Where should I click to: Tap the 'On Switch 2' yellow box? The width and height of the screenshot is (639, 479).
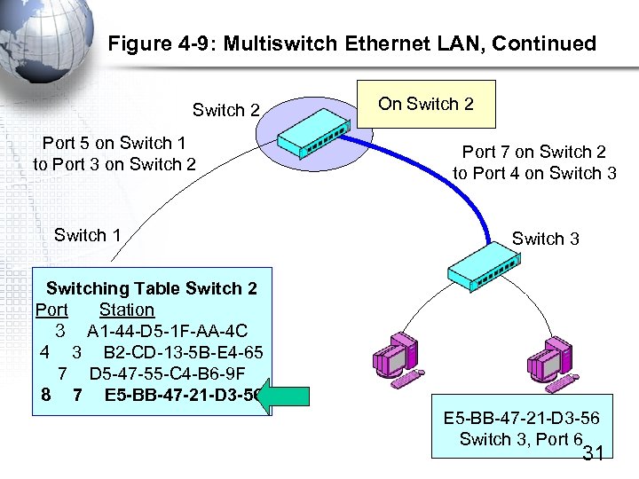[x=426, y=105]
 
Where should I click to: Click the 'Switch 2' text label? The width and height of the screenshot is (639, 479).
[x=225, y=111]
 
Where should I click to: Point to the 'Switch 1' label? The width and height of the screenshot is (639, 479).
[x=87, y=235]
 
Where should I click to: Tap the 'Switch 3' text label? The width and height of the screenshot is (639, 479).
[x=545, y=239]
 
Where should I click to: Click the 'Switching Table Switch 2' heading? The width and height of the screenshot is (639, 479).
[x=151, y=288]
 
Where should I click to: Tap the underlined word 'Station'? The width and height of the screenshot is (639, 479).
[x=127, y=310]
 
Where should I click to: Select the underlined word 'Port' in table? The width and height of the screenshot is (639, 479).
[x=51, y=310]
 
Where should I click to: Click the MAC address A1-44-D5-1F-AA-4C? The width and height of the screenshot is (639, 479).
[x=167, y=330]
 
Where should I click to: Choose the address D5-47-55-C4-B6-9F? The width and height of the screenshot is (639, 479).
[x=167, y=373]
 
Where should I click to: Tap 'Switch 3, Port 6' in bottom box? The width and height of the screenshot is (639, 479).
[x=520, y=439]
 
